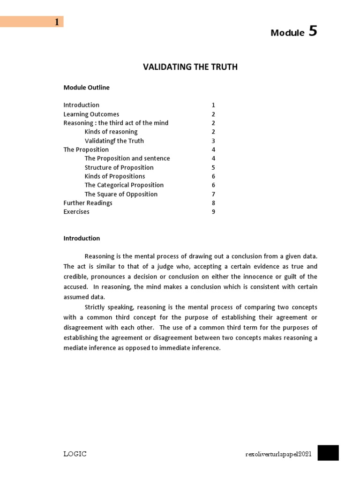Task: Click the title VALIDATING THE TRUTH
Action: click(190, 67)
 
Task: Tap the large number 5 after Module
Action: click(313, 31)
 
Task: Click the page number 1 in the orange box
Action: click(57, 22)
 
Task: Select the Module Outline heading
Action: click(86, 87)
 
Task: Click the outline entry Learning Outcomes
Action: click(91, 114)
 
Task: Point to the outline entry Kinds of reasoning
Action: click(111, 132)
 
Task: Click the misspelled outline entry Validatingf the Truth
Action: click(114, 141)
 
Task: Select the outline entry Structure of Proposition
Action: click(119, 167)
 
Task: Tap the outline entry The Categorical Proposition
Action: click(124, 185)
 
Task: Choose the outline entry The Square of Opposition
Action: click(121, 194)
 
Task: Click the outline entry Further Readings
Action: click(88, 203)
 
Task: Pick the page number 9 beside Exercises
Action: click(213, 212)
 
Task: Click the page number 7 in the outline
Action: click(213, 194)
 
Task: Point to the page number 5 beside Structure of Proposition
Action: click(213, 167)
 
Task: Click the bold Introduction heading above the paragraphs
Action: click(82, 238)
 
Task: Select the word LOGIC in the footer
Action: click(75, 454)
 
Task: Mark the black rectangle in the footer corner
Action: click(328, 453)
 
